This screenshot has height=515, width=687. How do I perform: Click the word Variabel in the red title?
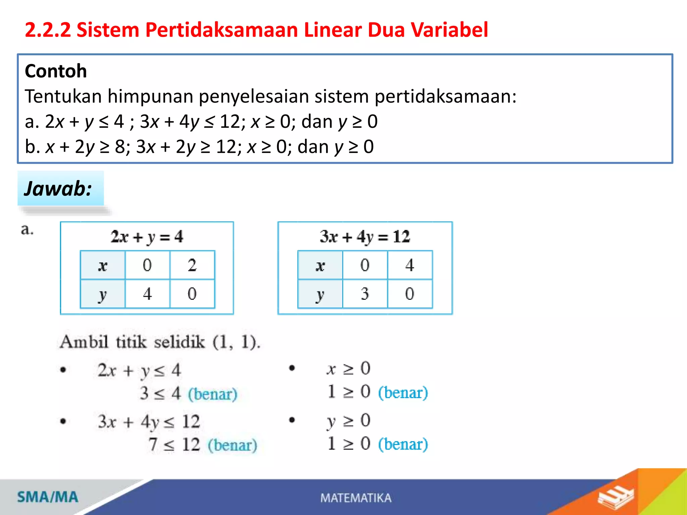coord(449,30)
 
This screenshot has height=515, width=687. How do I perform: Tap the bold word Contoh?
coord(56,71)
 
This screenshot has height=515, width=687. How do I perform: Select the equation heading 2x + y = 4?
coord(147,237)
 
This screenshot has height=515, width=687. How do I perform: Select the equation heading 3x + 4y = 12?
coord(365,237)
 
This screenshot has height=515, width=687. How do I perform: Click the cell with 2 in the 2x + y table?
coord(192,265)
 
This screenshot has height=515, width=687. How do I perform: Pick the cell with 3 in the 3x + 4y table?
coord(365,294)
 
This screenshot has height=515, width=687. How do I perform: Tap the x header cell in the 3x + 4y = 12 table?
coord(320,265)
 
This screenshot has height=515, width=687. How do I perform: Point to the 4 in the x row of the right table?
coord(410,265)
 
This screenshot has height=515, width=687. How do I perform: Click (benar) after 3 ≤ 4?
coord(212,394)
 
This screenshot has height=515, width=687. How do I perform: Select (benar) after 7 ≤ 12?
coord(232,445)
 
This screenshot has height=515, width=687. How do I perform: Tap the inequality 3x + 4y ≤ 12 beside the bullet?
coord(149,422)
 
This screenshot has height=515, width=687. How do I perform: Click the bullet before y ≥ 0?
coord(292,420)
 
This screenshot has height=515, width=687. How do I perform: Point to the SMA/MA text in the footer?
coord(48,497)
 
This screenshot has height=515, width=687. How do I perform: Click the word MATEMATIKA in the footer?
coord(356,498)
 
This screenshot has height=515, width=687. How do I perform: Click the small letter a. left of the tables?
coord(27,230)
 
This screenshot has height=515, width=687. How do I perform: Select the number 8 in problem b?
coord(120,147)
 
